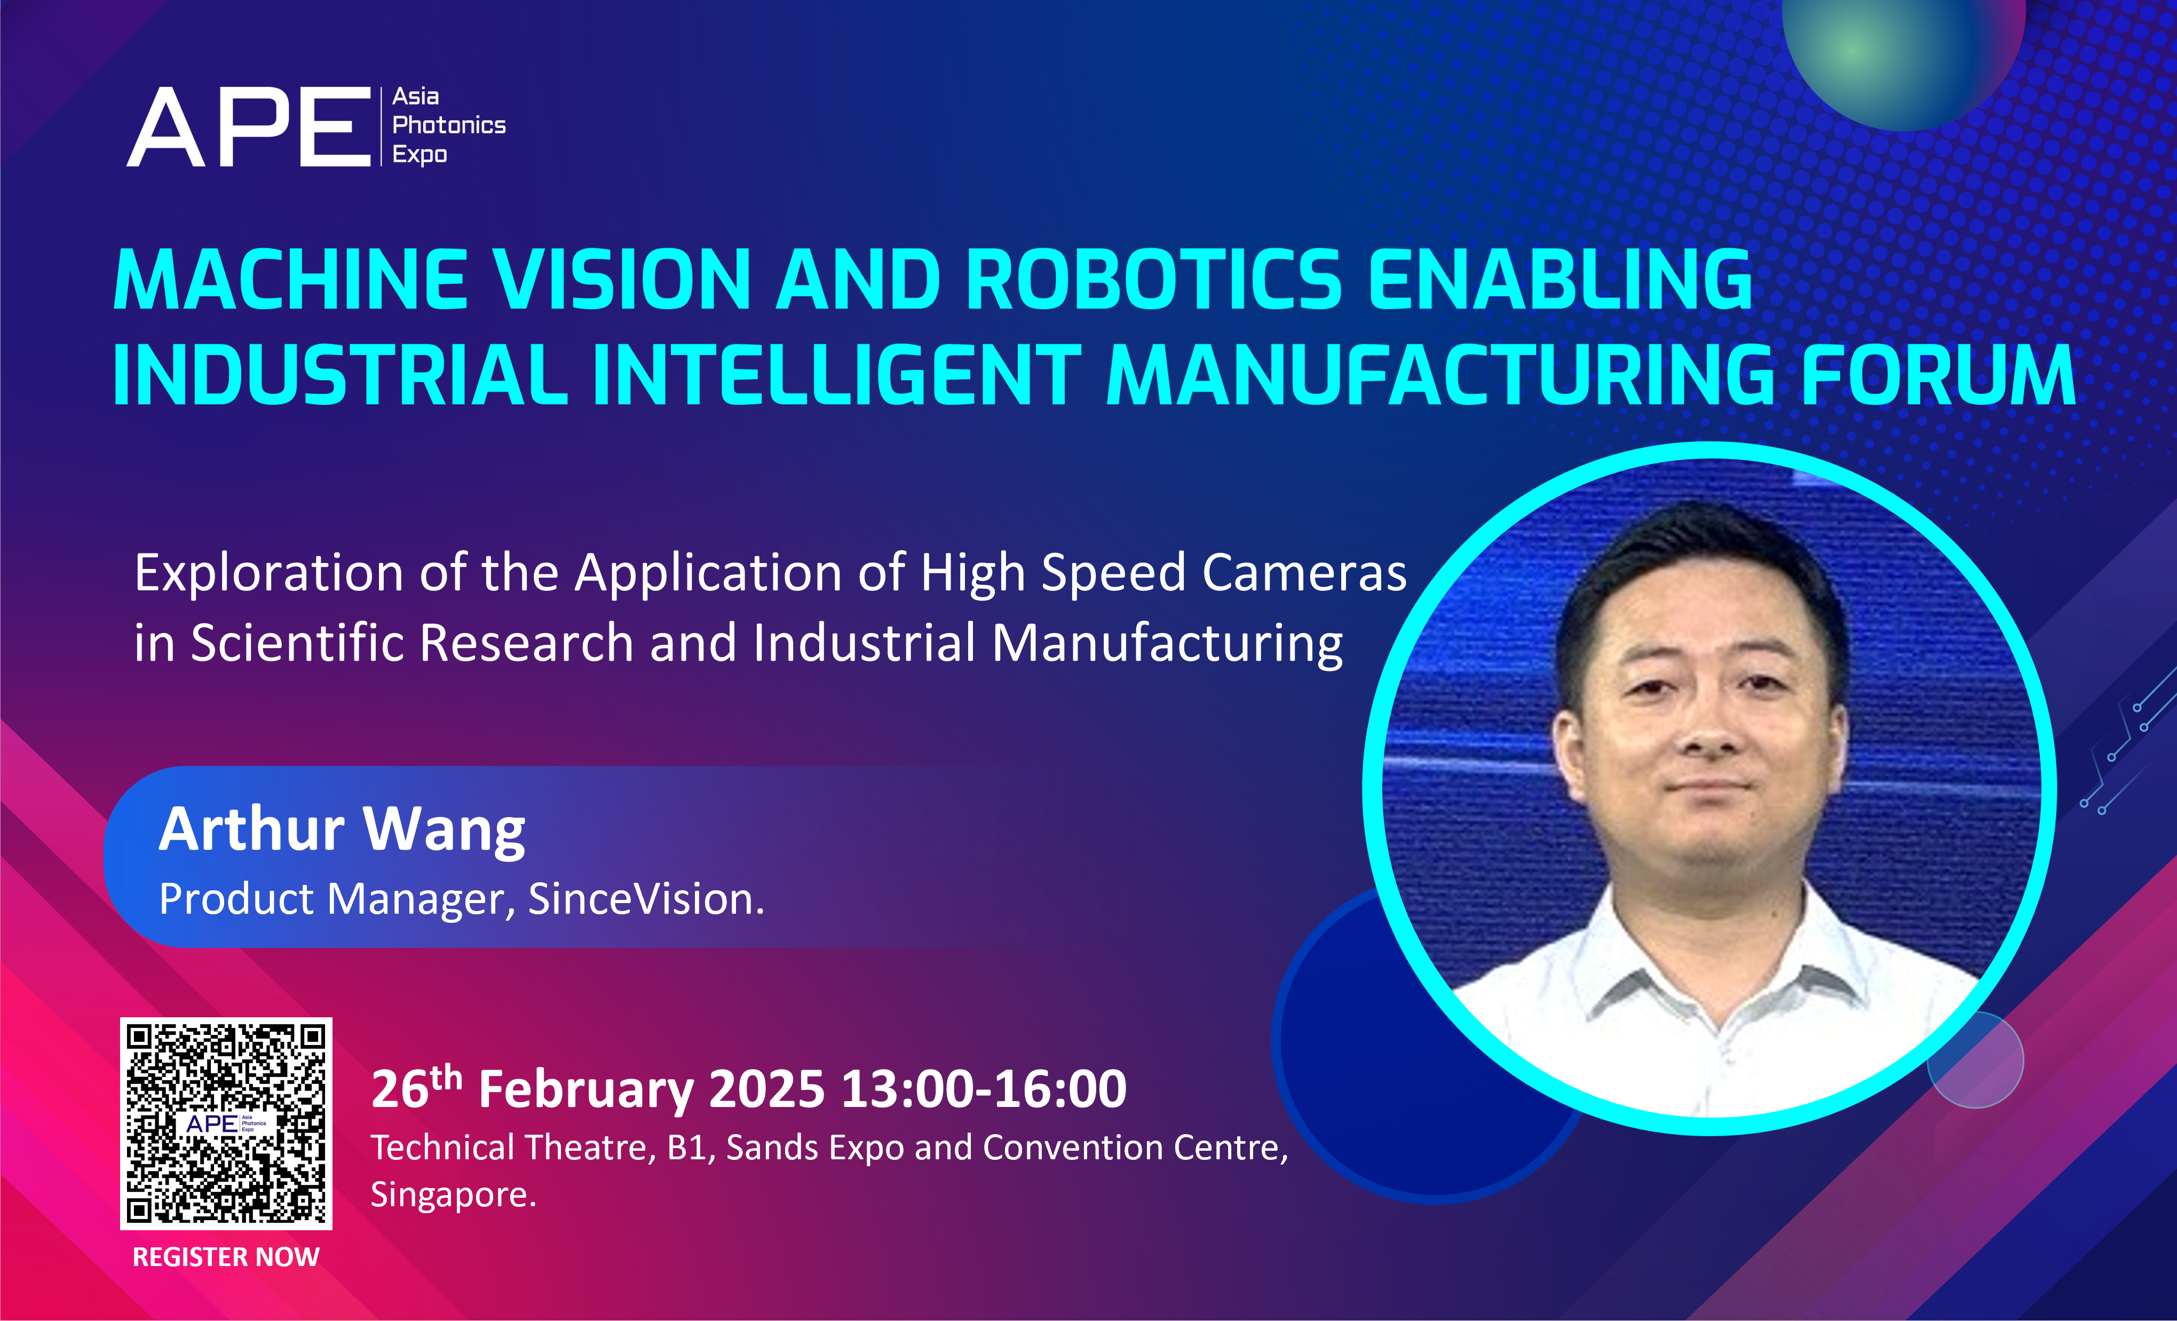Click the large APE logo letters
249,126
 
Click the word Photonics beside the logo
449,125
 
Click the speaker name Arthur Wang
342,830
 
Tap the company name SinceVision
646,899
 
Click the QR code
226,1123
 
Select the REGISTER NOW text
226,1256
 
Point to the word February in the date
586,1089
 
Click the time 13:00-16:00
984,1089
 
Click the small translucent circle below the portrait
1976,1059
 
